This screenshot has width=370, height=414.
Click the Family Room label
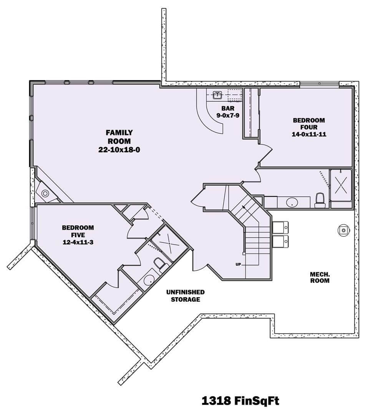coord(119,136)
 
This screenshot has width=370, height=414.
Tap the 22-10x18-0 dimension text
coord(119,150)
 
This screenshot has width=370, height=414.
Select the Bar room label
coord(228,108)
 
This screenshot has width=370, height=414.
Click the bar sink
coord(217,95)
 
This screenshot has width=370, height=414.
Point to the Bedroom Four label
coord(309,123)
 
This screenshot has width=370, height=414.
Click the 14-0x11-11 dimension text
coord(309,134)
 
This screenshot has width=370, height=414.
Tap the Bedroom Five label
coord(78,231)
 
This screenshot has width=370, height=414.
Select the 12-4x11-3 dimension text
coord(78,242)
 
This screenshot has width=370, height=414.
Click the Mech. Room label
coord(320,277)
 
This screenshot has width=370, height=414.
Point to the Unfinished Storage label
coord(185,296)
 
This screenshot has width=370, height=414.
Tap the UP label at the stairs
coord(238,264)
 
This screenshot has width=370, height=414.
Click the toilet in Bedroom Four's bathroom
coord(320,200)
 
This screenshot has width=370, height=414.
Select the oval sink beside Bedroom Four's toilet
coord(292,203)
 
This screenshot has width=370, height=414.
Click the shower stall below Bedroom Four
coord(341,185)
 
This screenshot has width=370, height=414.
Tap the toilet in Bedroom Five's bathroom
coord(159,264)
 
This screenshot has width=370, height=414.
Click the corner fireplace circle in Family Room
coord(45,193)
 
